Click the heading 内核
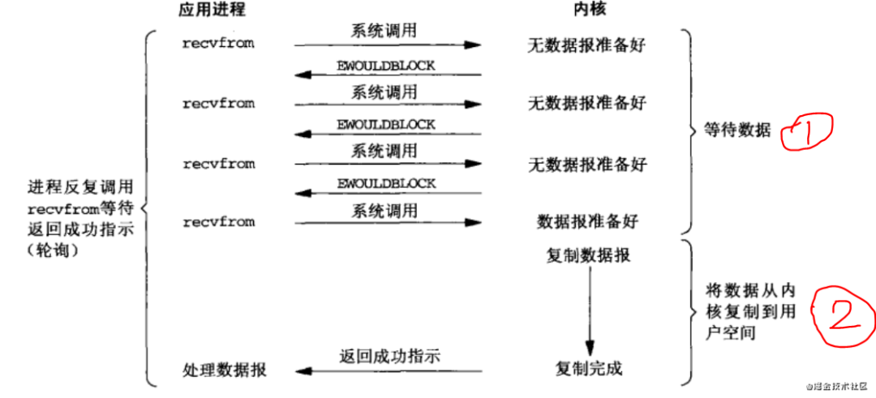[x=588, y=11]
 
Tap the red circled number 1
[x=806, y=131]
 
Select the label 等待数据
[x=738, y=131]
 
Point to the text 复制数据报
[x=589, y=256]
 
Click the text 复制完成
[x=589, y=370]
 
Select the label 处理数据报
[x=225, y=371]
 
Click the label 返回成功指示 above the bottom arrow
[x=389, y=356]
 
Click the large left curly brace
[x=146, y=207]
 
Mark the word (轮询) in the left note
[x=58, y=250]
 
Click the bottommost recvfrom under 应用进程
[x=218, y=222]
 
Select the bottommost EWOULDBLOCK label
[x=386, y=184]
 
